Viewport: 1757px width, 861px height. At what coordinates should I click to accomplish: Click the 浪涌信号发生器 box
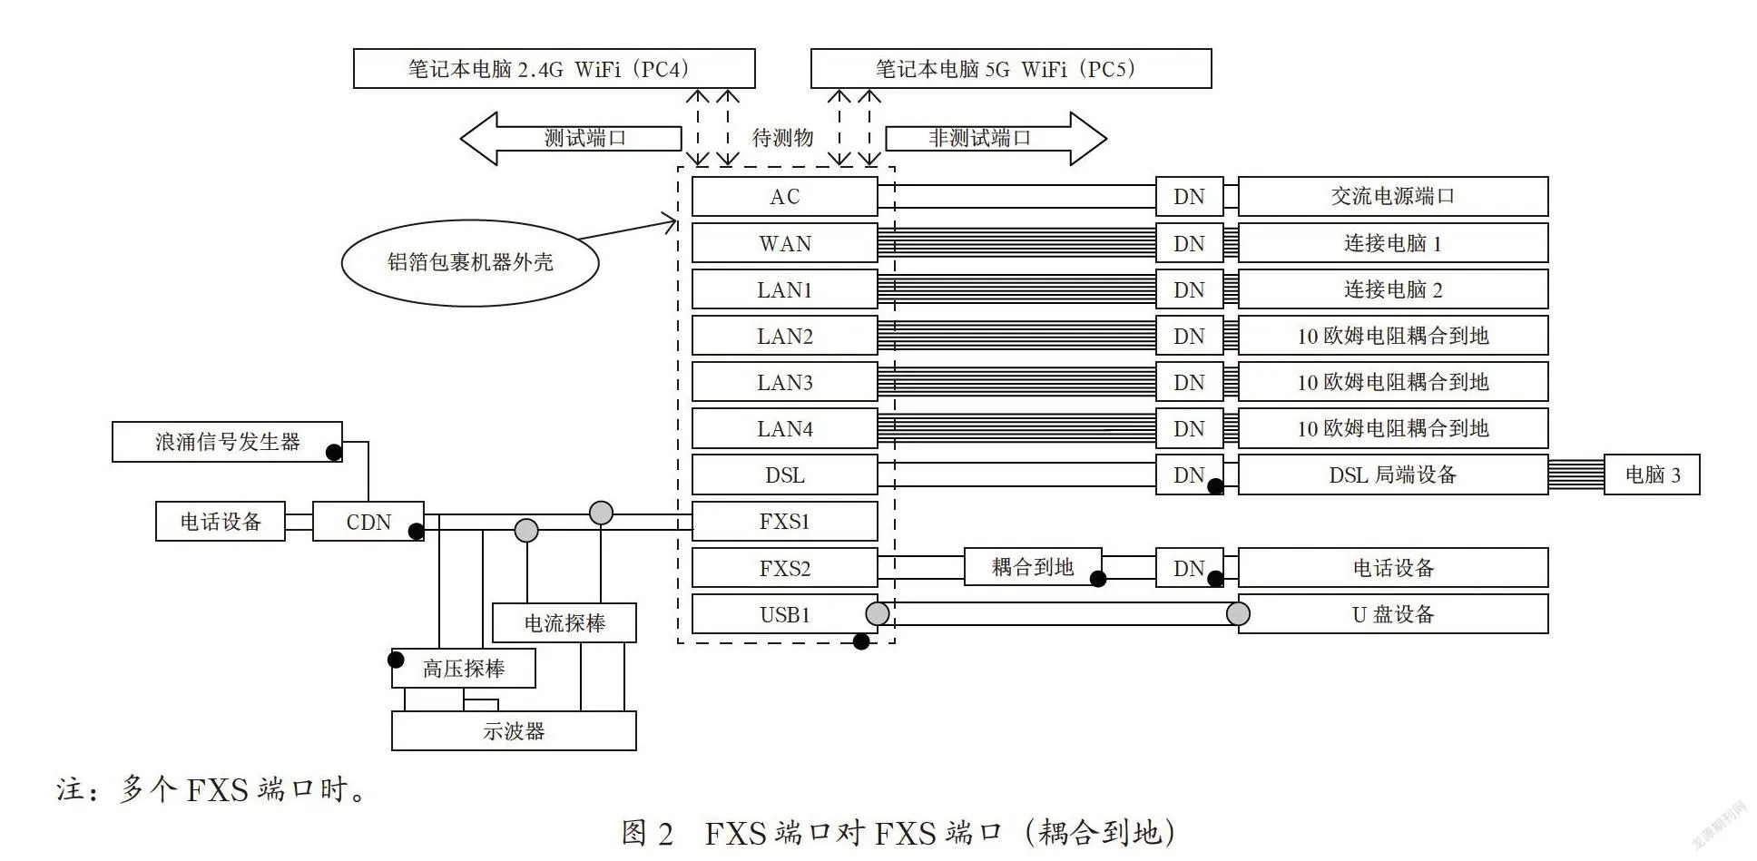[x=227, y=442]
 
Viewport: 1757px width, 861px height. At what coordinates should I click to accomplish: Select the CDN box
[x=368, y=522]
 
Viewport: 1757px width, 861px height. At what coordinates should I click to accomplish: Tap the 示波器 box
[x=514, y=730]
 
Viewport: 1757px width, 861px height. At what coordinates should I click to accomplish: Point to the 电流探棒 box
[x=564, y=623]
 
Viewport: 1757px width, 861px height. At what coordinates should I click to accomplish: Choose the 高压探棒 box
[x=463, y=669]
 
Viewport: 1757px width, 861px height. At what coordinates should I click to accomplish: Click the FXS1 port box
[x=784, y=522]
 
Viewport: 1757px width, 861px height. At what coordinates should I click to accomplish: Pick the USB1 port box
[x=784, y=614]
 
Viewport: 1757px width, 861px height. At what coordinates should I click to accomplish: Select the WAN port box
[x=784, y=243]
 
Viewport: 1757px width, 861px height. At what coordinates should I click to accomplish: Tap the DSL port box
[x=784, y=475]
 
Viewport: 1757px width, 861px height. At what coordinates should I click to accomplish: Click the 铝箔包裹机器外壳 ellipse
[x=470, y=263]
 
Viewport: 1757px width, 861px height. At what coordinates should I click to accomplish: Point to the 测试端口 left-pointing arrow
[x=571, y=139]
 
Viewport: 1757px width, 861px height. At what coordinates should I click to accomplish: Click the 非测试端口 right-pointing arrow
[x=996, y=139]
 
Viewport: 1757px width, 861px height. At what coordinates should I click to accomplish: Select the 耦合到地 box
[x=1033, y=567]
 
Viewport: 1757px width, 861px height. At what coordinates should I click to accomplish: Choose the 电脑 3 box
[x=1652, y=475]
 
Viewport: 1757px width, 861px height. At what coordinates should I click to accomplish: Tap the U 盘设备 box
[x=1393, y=614]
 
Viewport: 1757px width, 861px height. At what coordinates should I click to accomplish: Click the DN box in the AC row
[x=1189, y=197]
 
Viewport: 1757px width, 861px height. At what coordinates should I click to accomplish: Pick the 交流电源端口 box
[x=1393, y=197]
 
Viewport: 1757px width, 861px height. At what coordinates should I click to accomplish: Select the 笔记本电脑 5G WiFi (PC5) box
[x=1010, y=69]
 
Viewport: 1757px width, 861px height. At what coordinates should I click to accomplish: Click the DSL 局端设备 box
[x=1393, y=475]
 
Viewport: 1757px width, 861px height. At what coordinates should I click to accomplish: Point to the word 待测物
[x=782, y=138]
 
